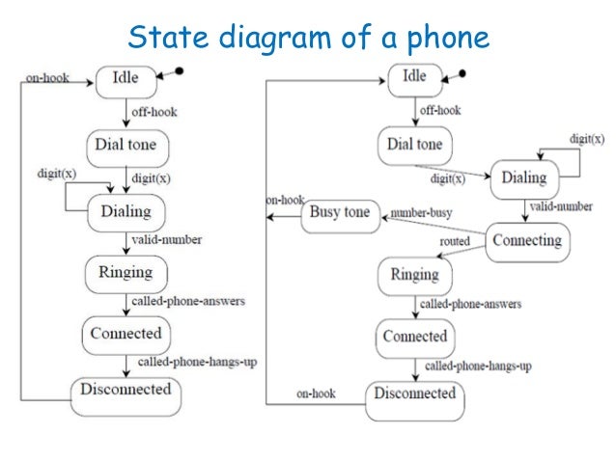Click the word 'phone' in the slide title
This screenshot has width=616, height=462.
click(x=440, y=38)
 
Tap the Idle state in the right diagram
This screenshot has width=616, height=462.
click(x=414, y=78)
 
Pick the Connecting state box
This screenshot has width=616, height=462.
click(x=526, y=240)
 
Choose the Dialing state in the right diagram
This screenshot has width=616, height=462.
click(x=524, y=177)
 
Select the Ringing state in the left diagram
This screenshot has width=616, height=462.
click(x=126, y=273)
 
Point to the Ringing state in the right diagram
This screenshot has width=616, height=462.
click(x=415, y=276)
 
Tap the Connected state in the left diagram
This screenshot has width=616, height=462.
click(x=126, y=334)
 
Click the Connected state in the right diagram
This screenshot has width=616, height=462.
click(x=415, y=337)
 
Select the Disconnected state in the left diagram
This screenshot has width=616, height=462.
click(x=125, y=391)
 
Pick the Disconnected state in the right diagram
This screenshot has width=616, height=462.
click(x=414, y=394)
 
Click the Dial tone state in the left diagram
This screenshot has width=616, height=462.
click(x=126, y=146)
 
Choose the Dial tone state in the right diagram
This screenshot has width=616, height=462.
click(x=415, y=145)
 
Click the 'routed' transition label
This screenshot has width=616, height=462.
click(x=455, y=241)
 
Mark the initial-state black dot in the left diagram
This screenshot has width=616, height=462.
click(x=179, y=70)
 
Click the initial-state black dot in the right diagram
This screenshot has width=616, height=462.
click(x=463, y=73)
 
